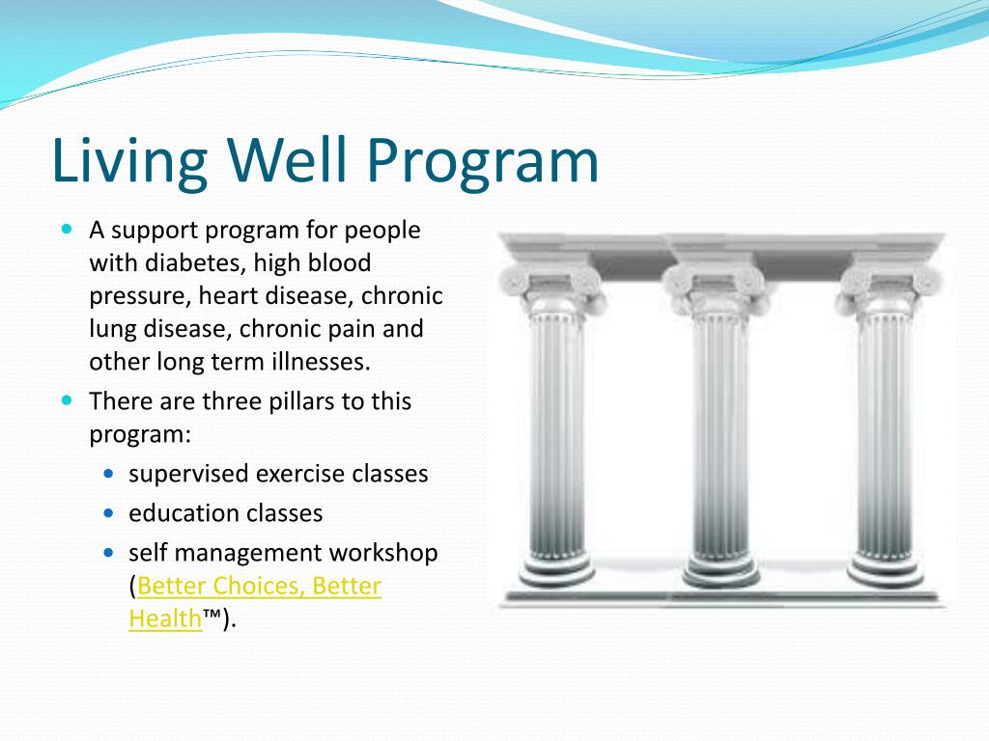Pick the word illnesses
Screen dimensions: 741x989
(320, 361)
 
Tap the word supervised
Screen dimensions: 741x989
(187, 474)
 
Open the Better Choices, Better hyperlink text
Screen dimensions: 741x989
(260, 586)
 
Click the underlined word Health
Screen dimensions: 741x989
(165, 618)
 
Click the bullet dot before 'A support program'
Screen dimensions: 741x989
(67, 231)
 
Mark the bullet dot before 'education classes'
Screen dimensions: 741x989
(108, 513)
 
